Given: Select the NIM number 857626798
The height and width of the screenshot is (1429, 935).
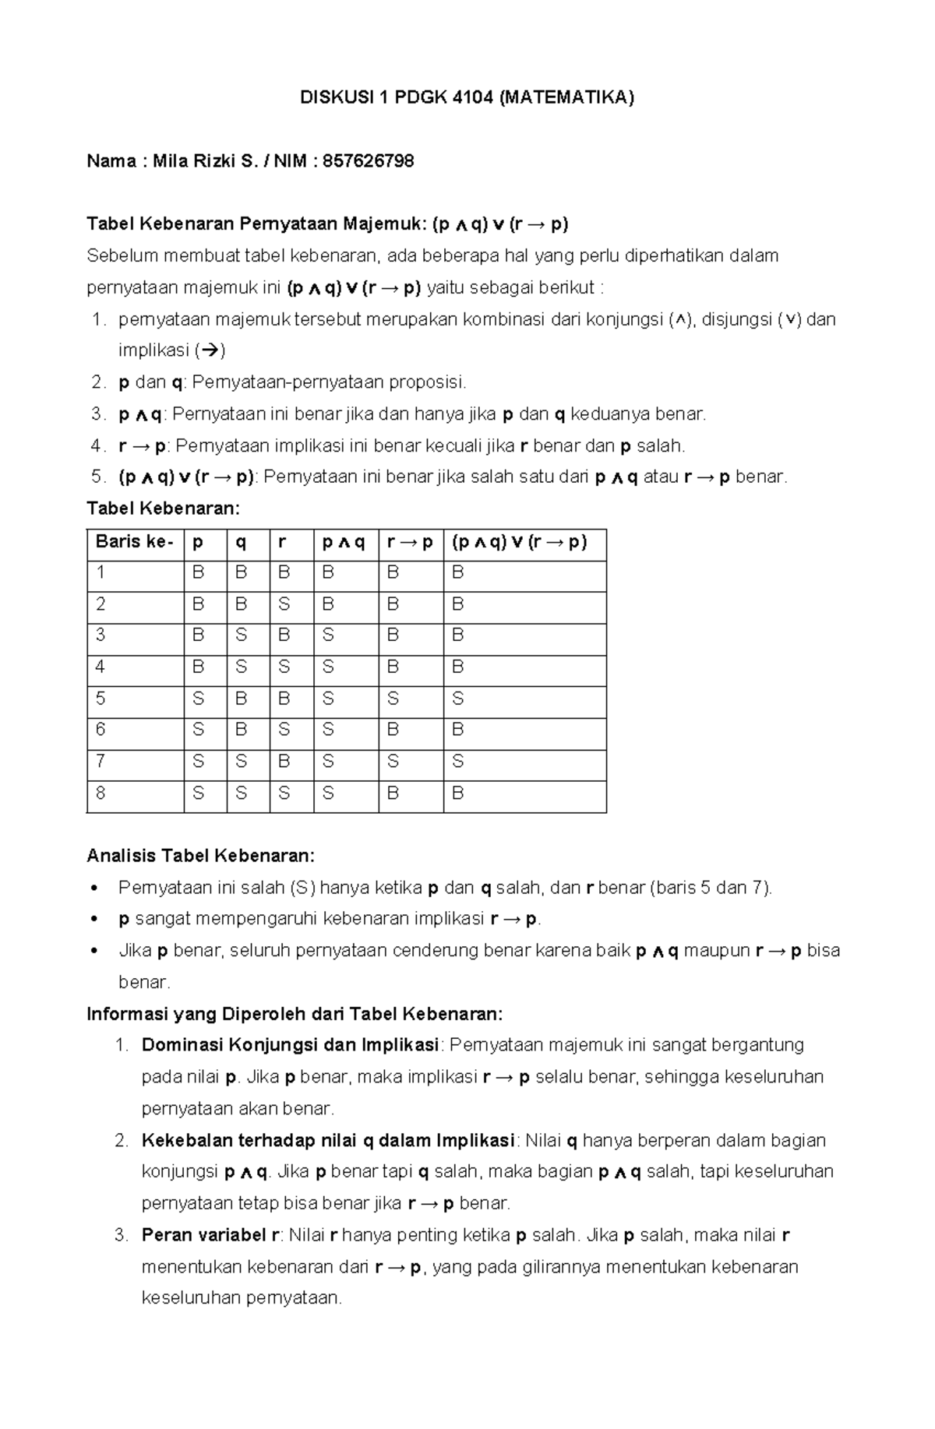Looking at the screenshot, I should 368,161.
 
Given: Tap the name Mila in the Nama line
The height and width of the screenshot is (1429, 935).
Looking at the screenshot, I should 169,161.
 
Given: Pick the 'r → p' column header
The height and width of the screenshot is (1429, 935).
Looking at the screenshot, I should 410,542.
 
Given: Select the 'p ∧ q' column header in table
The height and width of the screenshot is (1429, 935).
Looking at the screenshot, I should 344,542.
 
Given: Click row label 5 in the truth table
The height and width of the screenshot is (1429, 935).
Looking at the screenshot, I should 101,699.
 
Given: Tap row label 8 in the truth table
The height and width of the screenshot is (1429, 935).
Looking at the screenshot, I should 101,794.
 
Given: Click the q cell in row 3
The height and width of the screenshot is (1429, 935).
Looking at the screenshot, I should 242,635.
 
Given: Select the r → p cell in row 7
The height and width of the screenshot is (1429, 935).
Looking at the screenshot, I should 393,762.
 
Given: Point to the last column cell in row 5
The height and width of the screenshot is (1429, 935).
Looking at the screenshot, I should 458,699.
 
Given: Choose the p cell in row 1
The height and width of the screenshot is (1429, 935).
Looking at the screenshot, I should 198,573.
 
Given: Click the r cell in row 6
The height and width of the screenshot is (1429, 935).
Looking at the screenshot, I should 284,730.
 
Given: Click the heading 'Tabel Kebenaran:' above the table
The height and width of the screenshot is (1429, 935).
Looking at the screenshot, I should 164,509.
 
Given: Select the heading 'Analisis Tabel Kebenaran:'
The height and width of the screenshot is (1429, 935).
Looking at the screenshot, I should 201,856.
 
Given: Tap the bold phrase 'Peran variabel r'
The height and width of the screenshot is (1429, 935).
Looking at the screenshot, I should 210,1235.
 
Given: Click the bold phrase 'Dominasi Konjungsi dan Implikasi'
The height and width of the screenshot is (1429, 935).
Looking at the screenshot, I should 291,1045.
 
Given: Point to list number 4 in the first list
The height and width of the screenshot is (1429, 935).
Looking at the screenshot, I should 97,445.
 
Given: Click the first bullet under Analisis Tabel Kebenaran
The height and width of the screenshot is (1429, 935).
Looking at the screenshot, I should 94,889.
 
